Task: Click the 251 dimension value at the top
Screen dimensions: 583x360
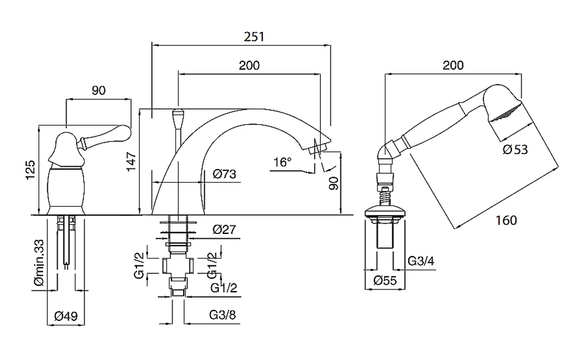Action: coord(254,37)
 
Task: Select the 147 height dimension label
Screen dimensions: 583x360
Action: coord(132,162)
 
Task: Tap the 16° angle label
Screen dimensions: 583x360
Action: coord(283,162)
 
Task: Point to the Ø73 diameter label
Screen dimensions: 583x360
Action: coord(224,174)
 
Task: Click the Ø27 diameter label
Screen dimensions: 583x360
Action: coord(224,229)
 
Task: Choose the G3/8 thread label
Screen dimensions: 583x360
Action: coord(222,315)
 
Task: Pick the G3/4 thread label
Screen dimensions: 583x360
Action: coord(421,261)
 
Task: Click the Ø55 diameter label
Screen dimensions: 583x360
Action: coord(385,280)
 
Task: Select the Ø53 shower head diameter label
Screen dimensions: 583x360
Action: coord(515,149)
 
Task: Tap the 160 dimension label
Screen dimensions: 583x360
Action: coord(506,221)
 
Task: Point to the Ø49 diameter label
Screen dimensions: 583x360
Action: coord(66,316)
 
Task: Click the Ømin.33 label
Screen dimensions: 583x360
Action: coord(39,262)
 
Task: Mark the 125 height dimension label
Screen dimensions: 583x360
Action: coord(30,170)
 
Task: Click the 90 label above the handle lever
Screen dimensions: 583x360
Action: coord(99,90)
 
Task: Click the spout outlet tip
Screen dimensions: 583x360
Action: coord(317,148)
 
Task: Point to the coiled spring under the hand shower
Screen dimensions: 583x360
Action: coord(385,197)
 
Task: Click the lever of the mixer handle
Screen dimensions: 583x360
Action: coord(104,135)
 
